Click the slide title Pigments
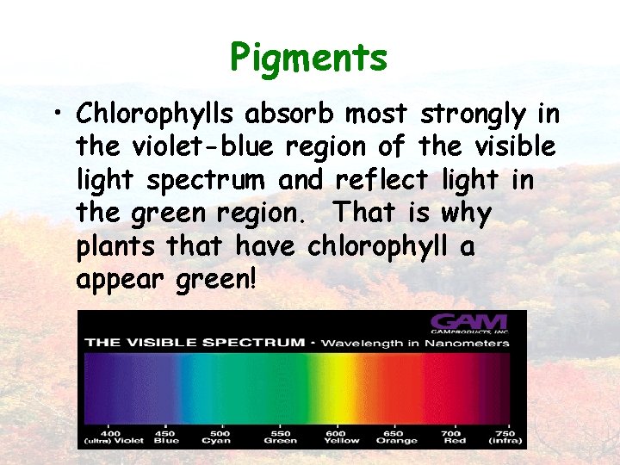click(308, 59)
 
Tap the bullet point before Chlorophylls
click(57, 116)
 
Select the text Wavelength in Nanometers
click(417, 343)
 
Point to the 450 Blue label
click(166, 436)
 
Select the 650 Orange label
click(397, 436)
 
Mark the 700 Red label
click(452, 436)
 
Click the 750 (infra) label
click(505, 436)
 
